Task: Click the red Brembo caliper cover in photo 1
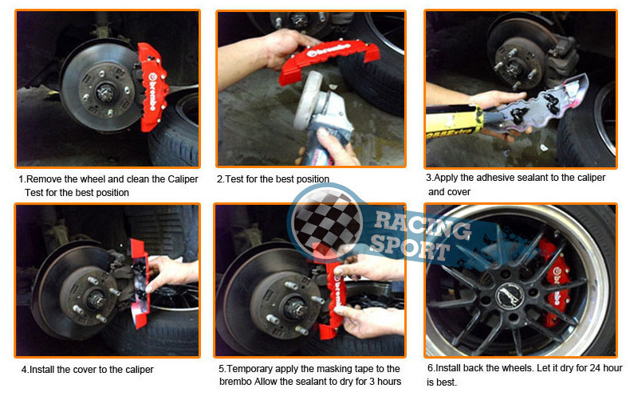point(152,86)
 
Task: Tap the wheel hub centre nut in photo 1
point(106,92)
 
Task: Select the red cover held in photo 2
point(328,60)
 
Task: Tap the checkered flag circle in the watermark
point(326,222)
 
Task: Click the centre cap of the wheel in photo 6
point(508,296)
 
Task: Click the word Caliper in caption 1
point(183,179)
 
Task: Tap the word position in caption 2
point(312,179)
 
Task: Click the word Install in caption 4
point(41,369)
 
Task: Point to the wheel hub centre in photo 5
point(295,309)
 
